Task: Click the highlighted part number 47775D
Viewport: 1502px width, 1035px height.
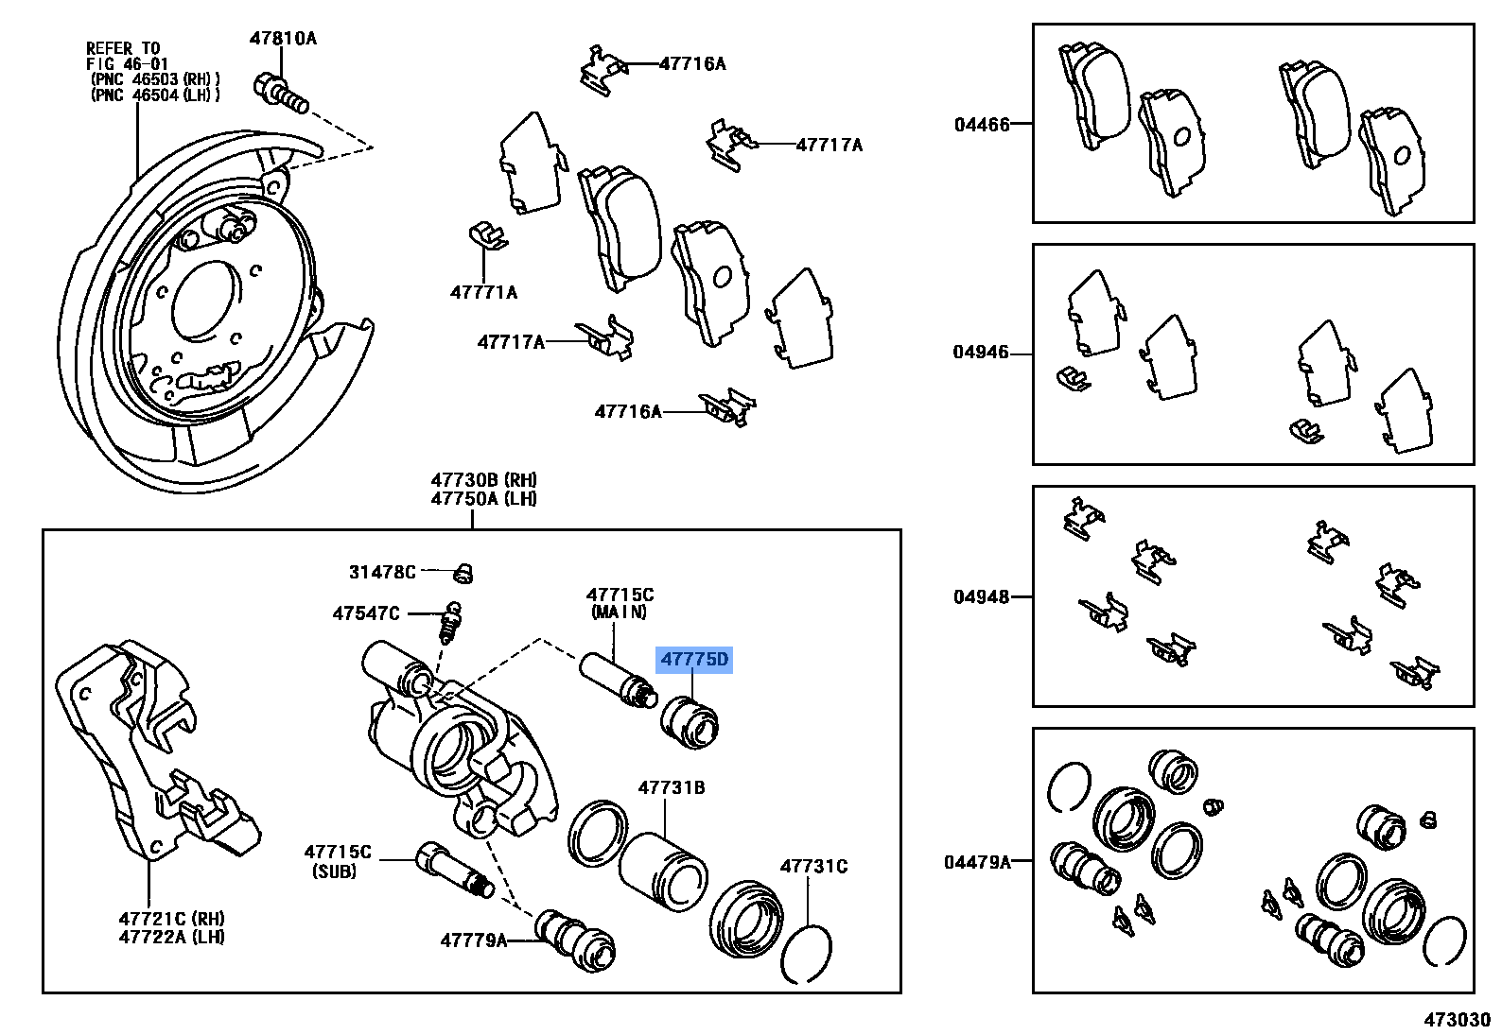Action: tap(694, 659)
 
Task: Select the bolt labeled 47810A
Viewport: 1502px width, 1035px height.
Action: tap(280, 93)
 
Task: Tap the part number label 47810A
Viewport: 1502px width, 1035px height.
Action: tap(283, 39)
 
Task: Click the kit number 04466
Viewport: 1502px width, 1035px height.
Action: tap(982, 125)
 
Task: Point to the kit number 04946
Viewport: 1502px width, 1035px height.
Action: tap(981, 353)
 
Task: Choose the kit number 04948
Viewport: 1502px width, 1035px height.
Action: tap(981, 596)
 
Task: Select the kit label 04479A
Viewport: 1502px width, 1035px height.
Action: tap(977, 862)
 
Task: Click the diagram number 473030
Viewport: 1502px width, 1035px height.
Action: tap(1457, 1020)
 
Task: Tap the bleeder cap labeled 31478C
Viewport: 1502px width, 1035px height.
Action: tap(463, 573)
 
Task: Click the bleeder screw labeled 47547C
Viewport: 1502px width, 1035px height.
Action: tap(450, 623)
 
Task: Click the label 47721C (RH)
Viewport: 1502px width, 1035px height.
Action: tap(171, 919)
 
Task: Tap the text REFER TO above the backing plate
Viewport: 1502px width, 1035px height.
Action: tap(123, 48)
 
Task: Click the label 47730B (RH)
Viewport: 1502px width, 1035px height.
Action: tap(483, 480)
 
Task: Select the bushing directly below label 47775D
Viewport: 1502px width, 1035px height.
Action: tap(689, 723)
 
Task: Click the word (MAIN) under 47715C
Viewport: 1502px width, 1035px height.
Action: tap(619, 612)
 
